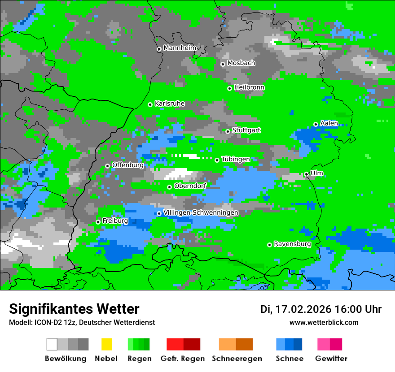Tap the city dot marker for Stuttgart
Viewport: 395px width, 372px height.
[228, 131]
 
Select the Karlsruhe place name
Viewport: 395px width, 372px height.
[169, 104]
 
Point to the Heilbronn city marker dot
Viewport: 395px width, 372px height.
[229, 88]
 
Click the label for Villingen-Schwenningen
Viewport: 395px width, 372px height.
[201, 212]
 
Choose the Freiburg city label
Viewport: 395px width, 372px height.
[115, 221]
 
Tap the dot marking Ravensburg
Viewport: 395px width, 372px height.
[269, 245]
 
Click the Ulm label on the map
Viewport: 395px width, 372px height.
[316, 173]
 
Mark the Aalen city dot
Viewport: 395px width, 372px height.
[316, 124]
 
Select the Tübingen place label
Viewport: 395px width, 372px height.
[236, 159]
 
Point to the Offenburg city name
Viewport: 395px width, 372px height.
[127, 165]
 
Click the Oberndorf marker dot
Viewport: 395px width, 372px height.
[169, 187]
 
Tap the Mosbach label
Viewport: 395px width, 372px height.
[241, 63]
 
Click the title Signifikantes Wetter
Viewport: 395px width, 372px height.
[74, 309]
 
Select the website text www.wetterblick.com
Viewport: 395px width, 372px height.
[324, 322]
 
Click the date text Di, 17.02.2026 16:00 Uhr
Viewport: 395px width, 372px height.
[320, 309]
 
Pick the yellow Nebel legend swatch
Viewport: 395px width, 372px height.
[106, 344]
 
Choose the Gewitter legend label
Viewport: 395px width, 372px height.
[331, 359]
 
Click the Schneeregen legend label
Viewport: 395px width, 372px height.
[237, 359]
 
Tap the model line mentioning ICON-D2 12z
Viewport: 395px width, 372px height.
[82, 322]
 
